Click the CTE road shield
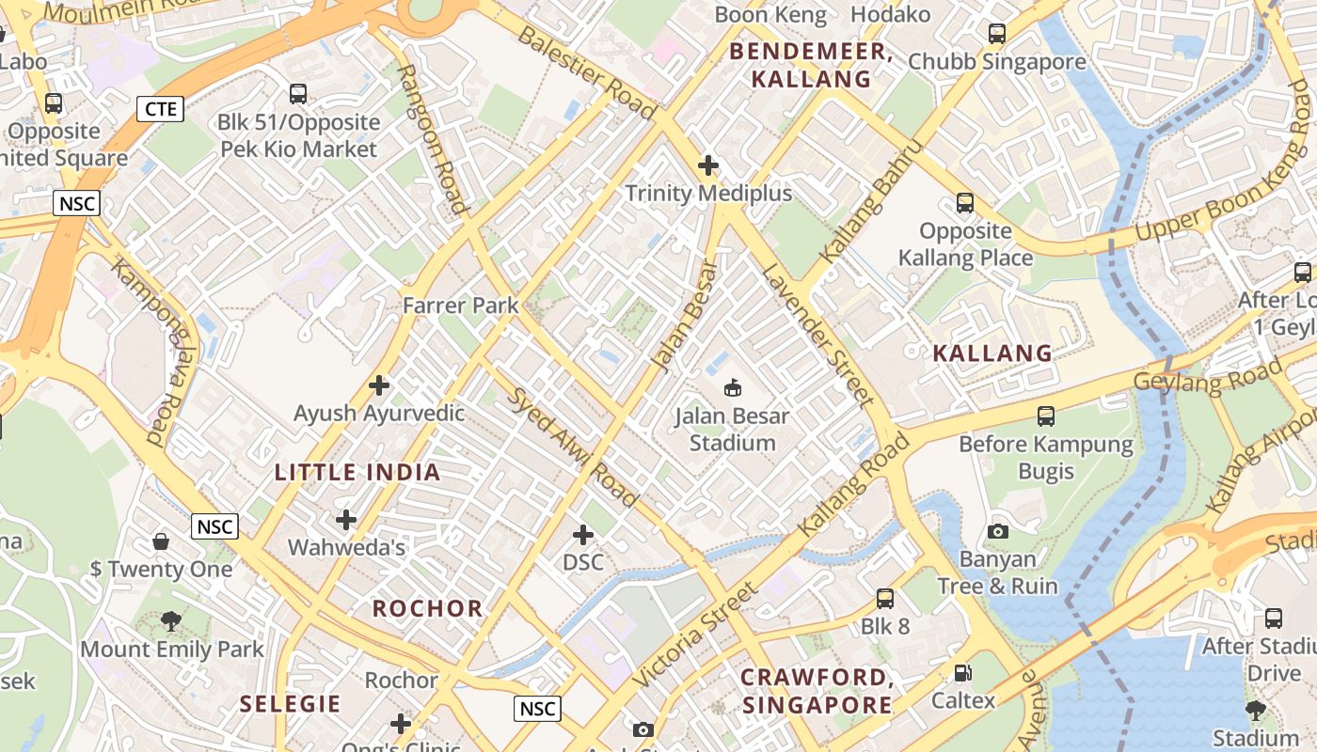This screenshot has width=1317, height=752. pos(160,109)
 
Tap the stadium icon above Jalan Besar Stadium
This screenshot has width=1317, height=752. pos(733,387)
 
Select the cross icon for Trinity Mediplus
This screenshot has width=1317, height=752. pos(708,166)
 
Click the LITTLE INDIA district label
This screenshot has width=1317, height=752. pos(357,472)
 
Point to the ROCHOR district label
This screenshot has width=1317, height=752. pos(428,608)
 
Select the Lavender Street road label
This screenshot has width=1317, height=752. pos(813,335)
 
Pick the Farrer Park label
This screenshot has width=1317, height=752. pos(461,305)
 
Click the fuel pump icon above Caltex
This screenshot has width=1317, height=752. pos(962,673)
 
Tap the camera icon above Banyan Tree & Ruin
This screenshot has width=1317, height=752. pos(998,532)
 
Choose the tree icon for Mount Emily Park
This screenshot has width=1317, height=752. pos(171,620)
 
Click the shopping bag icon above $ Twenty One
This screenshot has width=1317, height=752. pos(161,541)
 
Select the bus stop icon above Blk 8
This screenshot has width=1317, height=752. pos(884,599)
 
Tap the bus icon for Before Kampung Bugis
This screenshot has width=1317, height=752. pos(1045,415)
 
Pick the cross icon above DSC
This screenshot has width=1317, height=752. pos(583,535)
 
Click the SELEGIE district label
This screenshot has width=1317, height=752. pos(290,704)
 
